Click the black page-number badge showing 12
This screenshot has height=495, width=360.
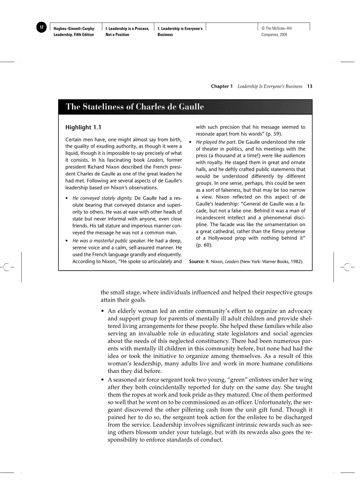(x=41, y=27)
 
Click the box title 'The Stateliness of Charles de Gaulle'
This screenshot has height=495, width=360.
(x=135, y=107)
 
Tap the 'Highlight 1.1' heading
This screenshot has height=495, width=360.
(x=83, y=127)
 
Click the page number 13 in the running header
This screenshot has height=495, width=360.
(x=310, y=86)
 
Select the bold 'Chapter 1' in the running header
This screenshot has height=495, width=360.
(x=221, y=86)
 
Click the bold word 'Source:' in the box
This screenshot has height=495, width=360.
(x=197, y=261)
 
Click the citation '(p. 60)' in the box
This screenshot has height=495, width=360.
(x=204, y=245)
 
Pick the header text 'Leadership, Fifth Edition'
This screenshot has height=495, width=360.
(x=74, y=34)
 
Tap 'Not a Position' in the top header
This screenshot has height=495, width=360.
(x=117, y=34)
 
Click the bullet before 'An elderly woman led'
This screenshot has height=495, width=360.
(x=103, y=311)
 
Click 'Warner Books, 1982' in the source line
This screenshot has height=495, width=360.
(x=283, y=261)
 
